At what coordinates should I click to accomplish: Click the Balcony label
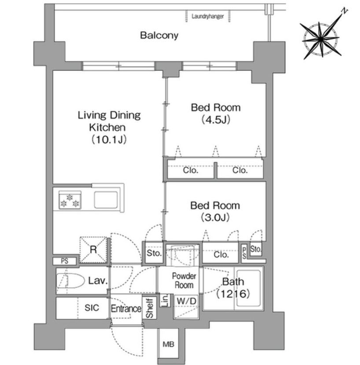[x=159, y=35]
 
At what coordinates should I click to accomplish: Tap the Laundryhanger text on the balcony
[x=208, y=16]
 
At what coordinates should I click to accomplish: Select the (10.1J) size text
[x=109, y=140]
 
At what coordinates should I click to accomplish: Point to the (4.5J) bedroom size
[x=216, y=120]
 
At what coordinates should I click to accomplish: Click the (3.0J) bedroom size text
[x=215, y=217]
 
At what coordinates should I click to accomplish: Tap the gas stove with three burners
[x=70, y=200]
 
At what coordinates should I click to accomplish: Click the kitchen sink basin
[x=106, y=200]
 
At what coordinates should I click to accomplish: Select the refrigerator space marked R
[x=93, y=250]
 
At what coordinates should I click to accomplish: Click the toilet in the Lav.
[x=70, y=281]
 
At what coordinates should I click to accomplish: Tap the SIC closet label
[x=92, y=308]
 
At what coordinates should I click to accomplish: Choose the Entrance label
[x=126, y=309]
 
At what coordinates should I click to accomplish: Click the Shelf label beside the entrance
[x=149, y=308]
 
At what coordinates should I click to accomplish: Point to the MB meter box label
[x=168, y=344]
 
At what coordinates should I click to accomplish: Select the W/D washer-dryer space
[x=186, y=307]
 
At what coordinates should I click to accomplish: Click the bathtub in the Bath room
[x=248, y=288]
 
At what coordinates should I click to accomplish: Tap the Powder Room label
[x=184, y=281]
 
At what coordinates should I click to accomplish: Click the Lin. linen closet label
[x=165, y=300]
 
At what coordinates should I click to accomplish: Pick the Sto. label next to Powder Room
[x=154, y=253]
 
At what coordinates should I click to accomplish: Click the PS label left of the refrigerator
[x=65, y=261]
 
